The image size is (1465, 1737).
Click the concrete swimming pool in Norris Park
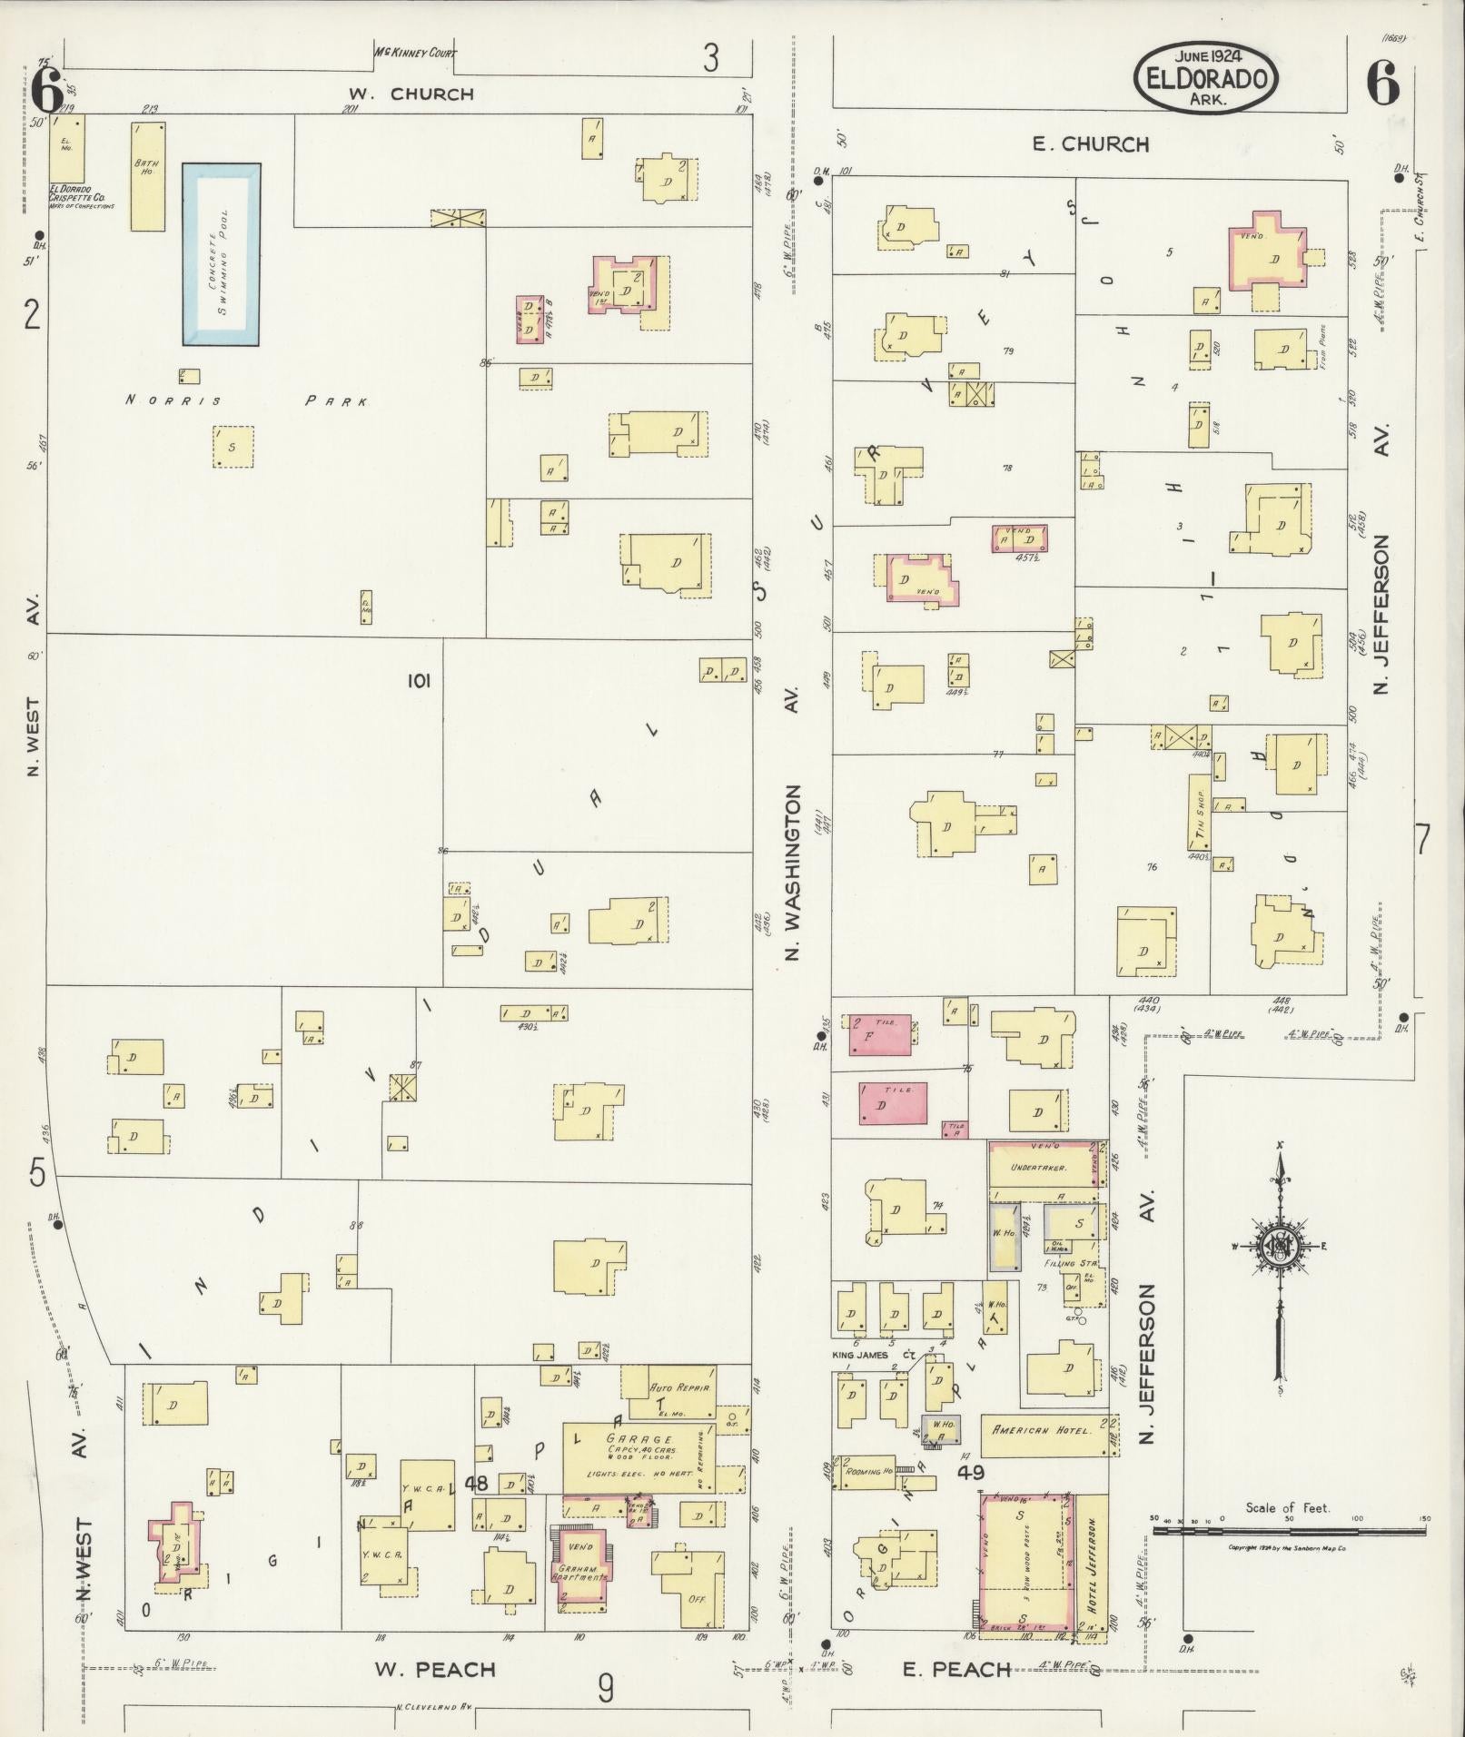[x=222, y=254]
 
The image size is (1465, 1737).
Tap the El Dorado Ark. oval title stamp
[x=1206, y=78]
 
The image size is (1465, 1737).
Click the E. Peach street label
[x=955, y=1669]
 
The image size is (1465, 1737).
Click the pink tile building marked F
[x=879, y=1035]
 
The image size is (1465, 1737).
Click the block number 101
[x=419, y=680]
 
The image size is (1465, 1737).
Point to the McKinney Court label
[x=415, y=53]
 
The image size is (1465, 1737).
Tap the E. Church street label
[x=1090, y=143]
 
